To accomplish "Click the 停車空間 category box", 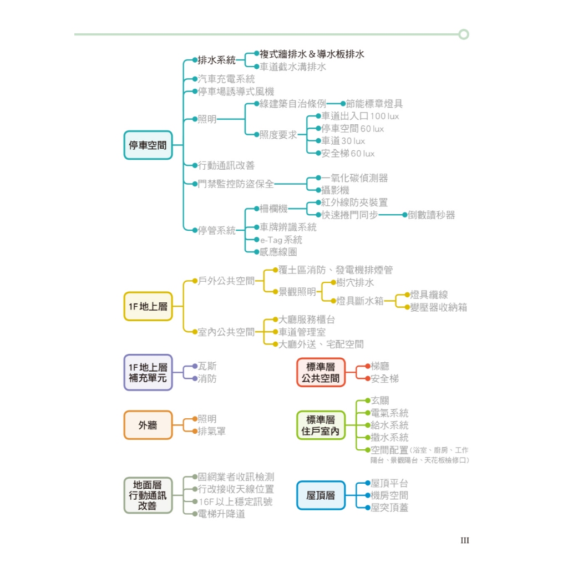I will pos(148,145).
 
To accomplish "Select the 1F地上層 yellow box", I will pos(148,306).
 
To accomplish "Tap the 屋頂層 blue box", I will pos(321,495).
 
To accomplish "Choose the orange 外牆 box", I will pos(148,425).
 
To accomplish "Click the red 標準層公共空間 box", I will pos(321,373).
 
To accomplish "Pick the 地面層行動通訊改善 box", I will pos(148,495).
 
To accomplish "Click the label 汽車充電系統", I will pos(226,79).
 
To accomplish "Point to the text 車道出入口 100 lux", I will pos(360,116).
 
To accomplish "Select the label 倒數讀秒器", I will pos(432,215).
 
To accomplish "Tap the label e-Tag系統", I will pos(281,240).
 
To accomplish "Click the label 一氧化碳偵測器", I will pos(355,178).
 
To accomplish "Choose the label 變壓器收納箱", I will pos(439,307).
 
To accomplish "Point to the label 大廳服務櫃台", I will pos(307,320).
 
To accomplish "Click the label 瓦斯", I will pos(207,366).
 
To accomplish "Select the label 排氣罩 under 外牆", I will pos(212,432).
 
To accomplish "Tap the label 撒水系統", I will pos(389,438).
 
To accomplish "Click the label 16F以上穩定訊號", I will pos(235,501).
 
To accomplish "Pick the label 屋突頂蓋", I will pos(389,508).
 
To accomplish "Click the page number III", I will pos(465,540).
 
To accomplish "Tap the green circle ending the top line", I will pos(464,34).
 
